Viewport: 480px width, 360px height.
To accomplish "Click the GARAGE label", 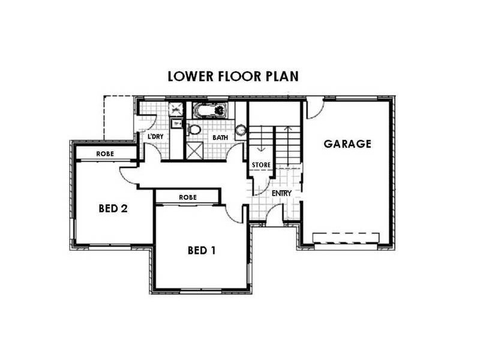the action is coord(347,144).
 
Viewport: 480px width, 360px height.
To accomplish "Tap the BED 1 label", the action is coord(202,250).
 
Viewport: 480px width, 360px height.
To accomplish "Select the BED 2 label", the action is coord(113,208).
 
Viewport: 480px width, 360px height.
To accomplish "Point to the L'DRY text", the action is coord(155,137).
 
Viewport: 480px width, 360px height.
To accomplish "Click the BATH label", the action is coord(220,137).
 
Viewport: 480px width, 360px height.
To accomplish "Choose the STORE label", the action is coord(261,165).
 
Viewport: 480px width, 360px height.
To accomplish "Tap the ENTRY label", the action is coord(281,193).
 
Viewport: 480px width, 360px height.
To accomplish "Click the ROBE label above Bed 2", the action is coord(105,154).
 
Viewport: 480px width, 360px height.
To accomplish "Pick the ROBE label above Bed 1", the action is coord(188,197).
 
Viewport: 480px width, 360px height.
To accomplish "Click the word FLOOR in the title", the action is coord(239,76).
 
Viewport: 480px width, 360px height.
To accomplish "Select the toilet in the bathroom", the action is coord(193,130).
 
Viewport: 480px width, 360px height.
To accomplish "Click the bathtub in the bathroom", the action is coord(209,110).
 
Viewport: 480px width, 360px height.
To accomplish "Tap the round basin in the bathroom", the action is coord(241,130).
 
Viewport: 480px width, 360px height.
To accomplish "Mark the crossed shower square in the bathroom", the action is coord(194,151).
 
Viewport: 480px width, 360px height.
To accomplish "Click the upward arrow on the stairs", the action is coord(288,145).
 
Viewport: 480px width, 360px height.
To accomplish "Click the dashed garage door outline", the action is coord(346,238).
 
